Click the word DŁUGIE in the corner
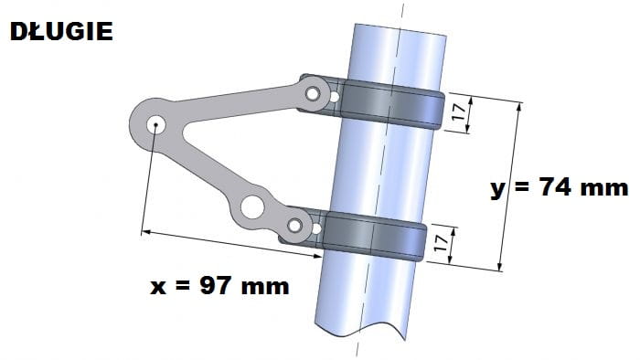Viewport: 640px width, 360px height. click(x=61, y=31)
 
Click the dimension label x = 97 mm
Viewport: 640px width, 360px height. click(x=219, y=286)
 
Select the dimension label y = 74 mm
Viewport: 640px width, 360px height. click(x=560, y=188)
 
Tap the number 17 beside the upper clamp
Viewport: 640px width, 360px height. click(x=459, y=111)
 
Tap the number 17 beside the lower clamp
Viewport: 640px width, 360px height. click(x=441, y=243)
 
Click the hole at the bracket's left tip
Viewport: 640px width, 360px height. click(x=155, y=124)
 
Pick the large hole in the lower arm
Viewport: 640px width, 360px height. click(x=252, y=207)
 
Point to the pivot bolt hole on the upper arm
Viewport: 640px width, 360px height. click(x=313, y=94)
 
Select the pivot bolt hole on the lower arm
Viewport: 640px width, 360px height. click(x=294, y=226)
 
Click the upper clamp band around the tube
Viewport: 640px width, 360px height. click(x=392, y=104)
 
